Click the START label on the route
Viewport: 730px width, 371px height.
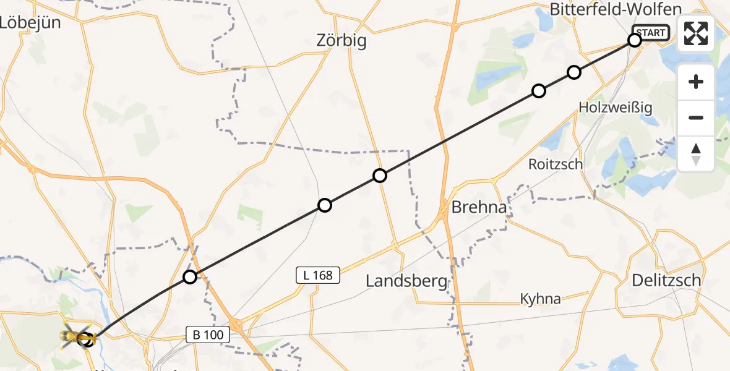click(x=651, y=33)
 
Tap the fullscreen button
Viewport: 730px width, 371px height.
click(x=696, y=33)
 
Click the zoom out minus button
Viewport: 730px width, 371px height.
click(x=696, y=117)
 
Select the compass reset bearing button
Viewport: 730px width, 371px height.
click(x=696, y=153)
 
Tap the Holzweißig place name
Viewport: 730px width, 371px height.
click(x=616, y=107)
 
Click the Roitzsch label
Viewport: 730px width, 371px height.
click(x=556, y=164)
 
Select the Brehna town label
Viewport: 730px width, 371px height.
click(x=479, y=207)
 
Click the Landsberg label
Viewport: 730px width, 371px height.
click(x=406, y=281)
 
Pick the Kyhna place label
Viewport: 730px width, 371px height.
click(x=540, y=299)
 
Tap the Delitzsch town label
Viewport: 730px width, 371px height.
click(x=666, y=280)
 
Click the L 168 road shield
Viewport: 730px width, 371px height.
click(x=319, y=275)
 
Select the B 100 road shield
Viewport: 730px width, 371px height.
click(x=208, y=335)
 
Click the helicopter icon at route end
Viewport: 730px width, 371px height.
click(x=77, y=337)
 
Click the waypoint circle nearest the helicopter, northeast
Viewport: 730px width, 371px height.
click(x=190, y=277)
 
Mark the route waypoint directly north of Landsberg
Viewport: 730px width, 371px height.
click(x=380, y=176)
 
